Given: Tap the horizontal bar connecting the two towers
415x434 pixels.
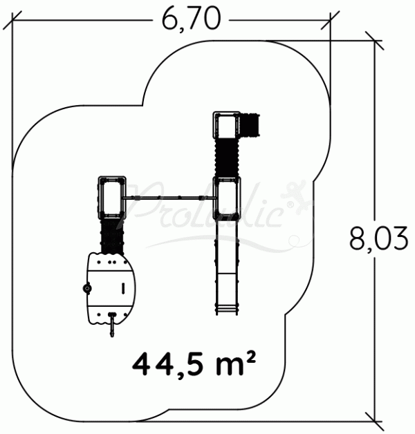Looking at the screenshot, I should [170, 200].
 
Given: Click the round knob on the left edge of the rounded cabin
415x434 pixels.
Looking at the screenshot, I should [87, 288].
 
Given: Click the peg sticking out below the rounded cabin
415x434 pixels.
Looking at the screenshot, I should [111, 326].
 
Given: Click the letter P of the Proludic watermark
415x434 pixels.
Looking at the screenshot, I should [147, 200].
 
